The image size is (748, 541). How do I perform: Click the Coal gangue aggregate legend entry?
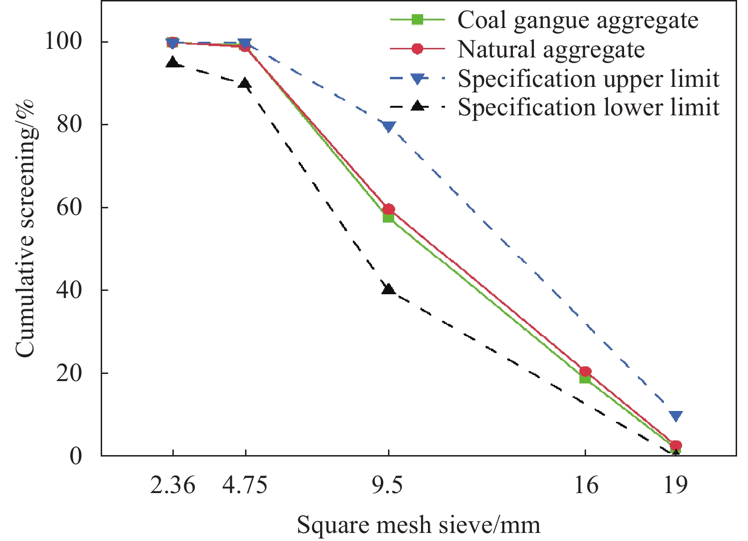pyautogui.click(x=578, y=20)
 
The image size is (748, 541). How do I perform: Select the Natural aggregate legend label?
pyautogui.click(x=551, y=49)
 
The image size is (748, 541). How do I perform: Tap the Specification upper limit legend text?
pyautogui.click(x=588, y=79)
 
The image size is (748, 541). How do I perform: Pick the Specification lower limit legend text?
pyautogui.click(x=588, y=107)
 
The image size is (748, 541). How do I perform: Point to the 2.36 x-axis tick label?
pyautogui.click(x=172, y=485)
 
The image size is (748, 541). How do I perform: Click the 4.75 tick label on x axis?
pyautogui.click(x=245, y=485)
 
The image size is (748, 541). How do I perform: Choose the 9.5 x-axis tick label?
pyautogui.click(x=388, y=485)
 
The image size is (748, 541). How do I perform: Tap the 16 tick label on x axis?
pyautogui.click(x=585, y=485)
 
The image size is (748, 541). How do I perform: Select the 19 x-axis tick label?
pyautogui.click(x=675, y=485)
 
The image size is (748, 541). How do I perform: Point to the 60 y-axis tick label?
pyautogui.click(x=69, y=207)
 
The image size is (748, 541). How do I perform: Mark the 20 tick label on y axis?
pyautogui.click(x=69, y=373)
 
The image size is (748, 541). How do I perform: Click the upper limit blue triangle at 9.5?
pyautogui.click(x=389, y=126)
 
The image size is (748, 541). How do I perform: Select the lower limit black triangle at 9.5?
pyautogui.click(x=388, y=289)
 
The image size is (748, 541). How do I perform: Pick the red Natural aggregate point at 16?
pyautogui.click(x=585, y=372)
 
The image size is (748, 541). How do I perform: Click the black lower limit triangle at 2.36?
pyautogui.click(x=173, y=63)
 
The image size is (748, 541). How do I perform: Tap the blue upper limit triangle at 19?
pyautogui.click(x=676, y=416)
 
